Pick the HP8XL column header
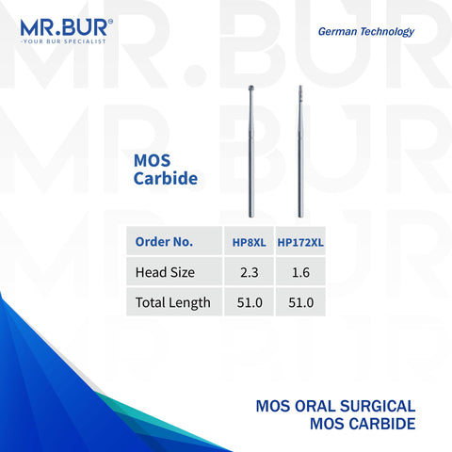coord(247,242)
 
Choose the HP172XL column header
coord(299,242)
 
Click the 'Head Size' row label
coord(163,273)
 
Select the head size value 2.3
coord(247,273)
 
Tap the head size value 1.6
coord(299,273)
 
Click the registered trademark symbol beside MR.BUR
coord(137,15)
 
